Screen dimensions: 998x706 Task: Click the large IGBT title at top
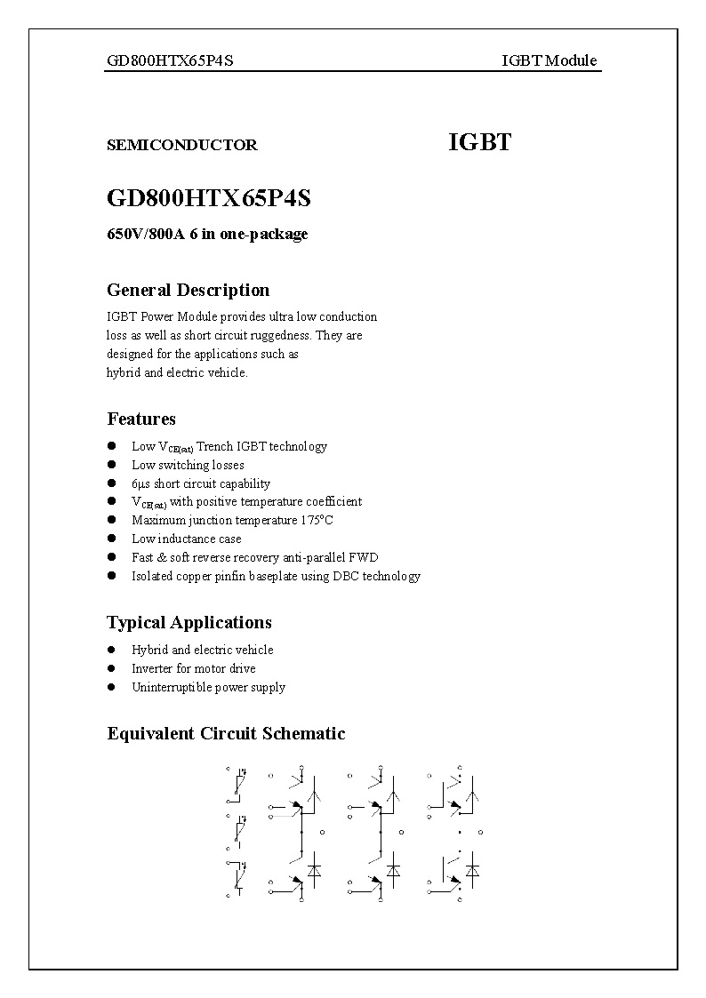click(479, 142)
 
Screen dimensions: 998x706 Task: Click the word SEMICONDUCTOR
click(181, 145)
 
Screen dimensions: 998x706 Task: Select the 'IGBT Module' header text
click(549, 60)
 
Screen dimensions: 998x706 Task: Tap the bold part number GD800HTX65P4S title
click(208, 197)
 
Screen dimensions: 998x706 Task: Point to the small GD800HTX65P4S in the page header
click(170, 60)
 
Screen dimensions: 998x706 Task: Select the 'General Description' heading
click(188, 290)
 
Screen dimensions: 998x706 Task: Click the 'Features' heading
click(141, 419)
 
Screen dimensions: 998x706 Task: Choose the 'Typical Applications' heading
click(189, 622)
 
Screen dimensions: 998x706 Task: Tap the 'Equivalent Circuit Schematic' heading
click(226, 733)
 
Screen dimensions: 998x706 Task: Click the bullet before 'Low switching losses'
click(112, 464)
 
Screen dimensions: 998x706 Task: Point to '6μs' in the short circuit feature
click(141, 483)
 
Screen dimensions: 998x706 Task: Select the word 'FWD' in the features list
click(365, 557)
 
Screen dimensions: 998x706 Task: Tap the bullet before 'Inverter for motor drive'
click(112, 667)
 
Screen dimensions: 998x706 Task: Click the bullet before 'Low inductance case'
click(112, 538)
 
